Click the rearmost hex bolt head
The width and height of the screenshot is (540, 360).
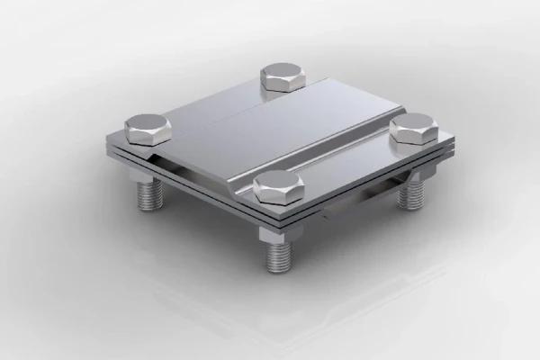(282, 76)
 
